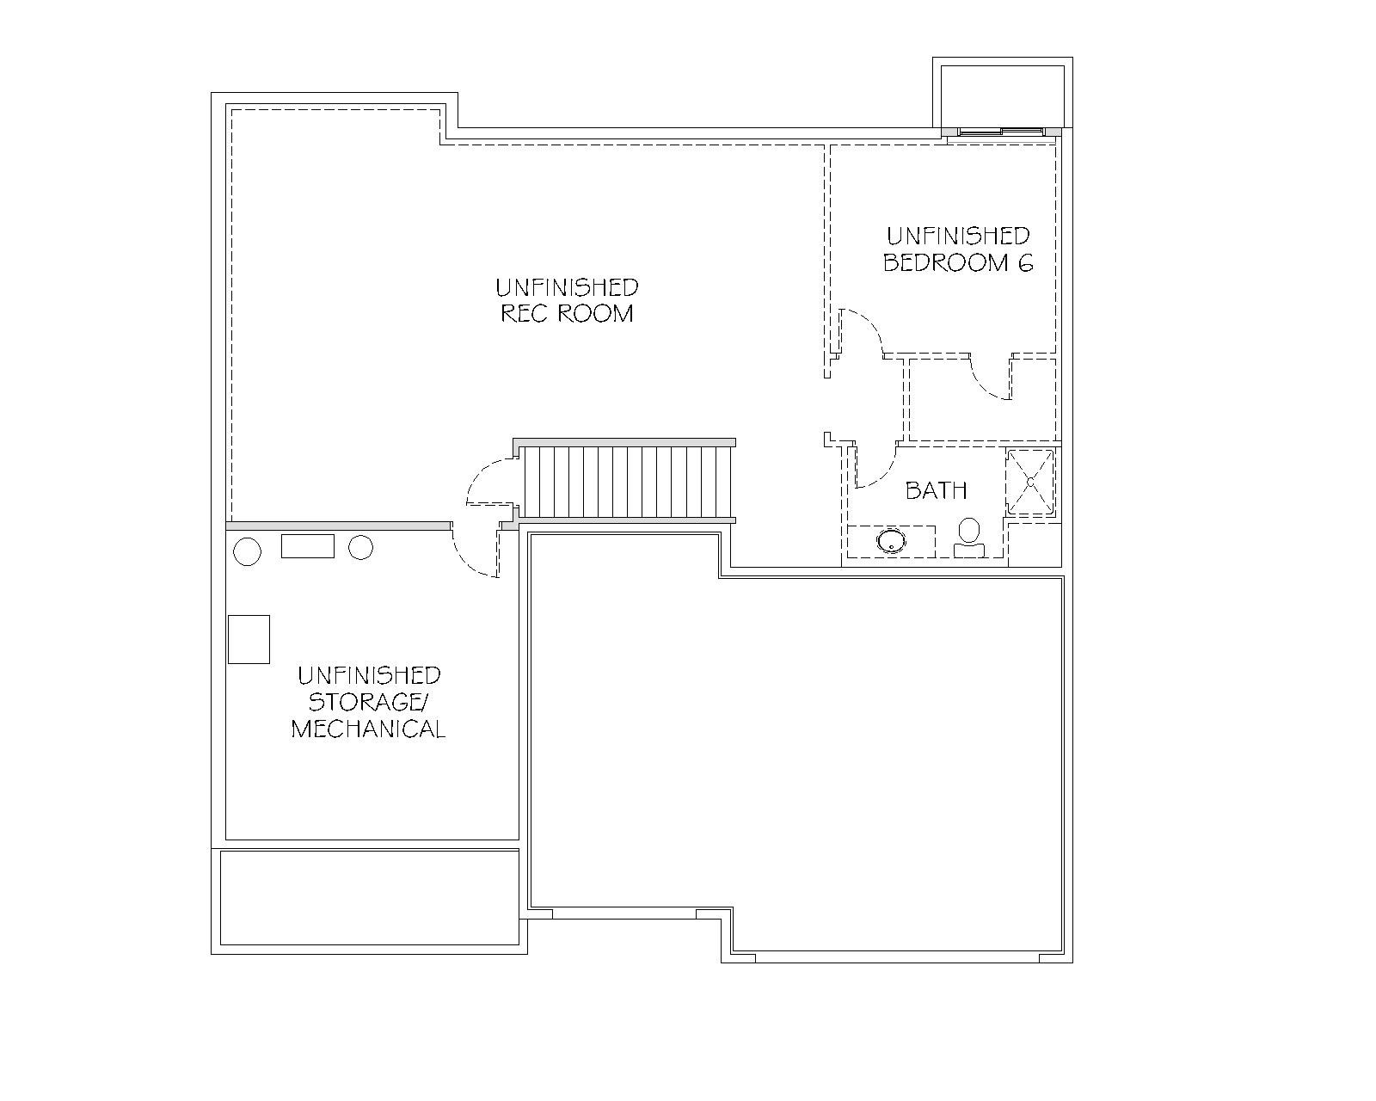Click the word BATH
pyautogui.click(x=936, y=490)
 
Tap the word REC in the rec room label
pyautogui.click(x=525, y=313)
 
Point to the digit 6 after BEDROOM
pyautogui.click(x=1025, y=263)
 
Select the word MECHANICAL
pyautogui.click(x=368, y=729)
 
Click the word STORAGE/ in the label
pyautogui.click(x=368, y=702)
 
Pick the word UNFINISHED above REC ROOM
pyautogui.click(x=567, y=287)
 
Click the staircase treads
pyautogui.click(x=627, y=481)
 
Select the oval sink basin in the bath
pyautogui.click(x=891, y=540)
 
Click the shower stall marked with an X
pyautogui.click(x=1030, y=482)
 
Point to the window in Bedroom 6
pyautogui.click(x=1001, y=132)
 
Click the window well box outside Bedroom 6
pyautogui.click(x=1003, y=93)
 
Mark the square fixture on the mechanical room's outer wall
pyautogui.click(x=249, y=639)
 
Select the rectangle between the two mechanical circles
pyautogui.click(x=308, y=545)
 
